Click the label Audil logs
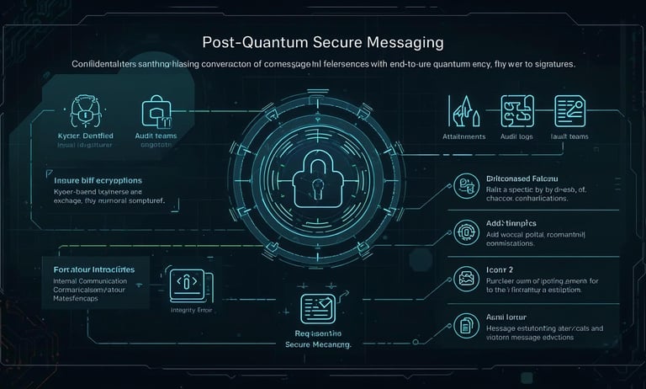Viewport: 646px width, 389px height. click(516, 136)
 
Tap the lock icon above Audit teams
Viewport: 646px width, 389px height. click(155, 110)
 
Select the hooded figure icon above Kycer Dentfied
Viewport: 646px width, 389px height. click(85, 110)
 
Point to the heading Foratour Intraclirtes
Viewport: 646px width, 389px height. click(89, 269)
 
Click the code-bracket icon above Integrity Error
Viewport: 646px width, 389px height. click(187, 285)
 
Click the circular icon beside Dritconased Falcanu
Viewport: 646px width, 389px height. click(465, 184)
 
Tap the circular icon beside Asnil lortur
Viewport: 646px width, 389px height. click(465, 322)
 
